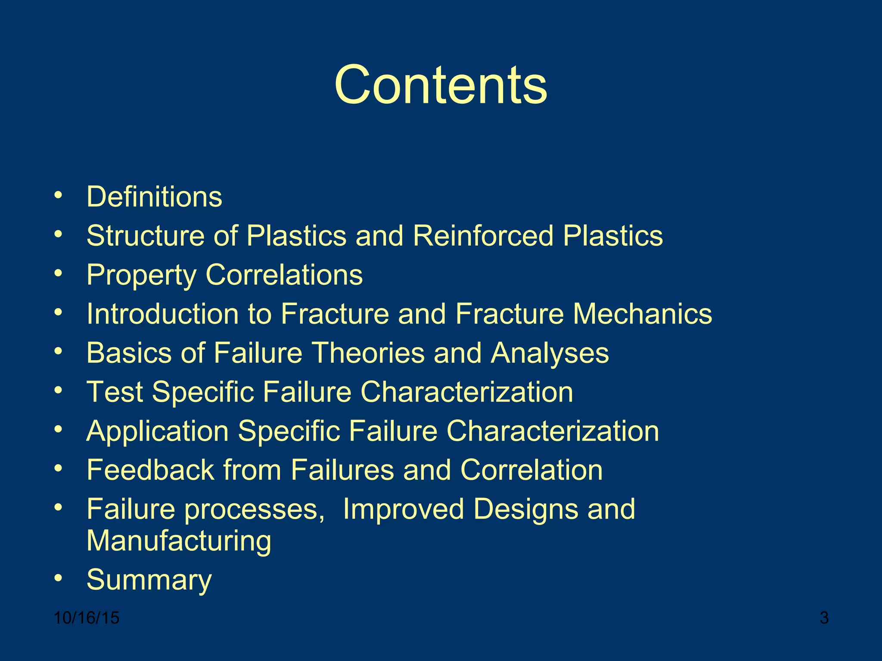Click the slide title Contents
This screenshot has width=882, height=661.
[441, 85]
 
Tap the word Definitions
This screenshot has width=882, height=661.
[154, 197]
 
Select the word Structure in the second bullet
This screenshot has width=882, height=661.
[146, 236]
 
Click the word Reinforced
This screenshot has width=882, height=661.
[483, 236]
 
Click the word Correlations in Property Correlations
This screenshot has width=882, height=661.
[284, 275]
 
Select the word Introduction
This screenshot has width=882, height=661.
[162, 314]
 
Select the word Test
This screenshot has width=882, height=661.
[115, 392]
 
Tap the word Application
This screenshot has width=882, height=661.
[157, 432]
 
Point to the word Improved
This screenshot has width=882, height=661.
[403, 510]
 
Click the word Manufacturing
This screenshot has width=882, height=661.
[179, 541]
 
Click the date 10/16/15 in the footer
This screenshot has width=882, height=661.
[87, 618]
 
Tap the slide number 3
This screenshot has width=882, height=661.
[824, 618]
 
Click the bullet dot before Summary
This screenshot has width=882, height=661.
[59, 577]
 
